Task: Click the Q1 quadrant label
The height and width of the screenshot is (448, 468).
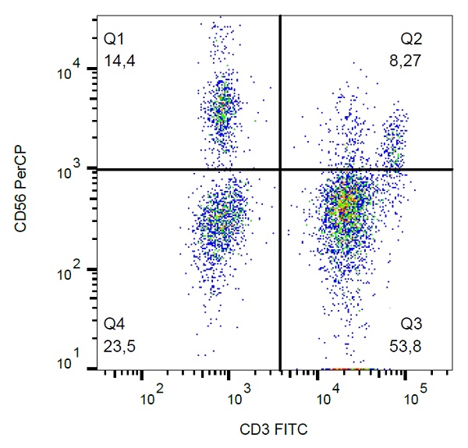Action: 114,38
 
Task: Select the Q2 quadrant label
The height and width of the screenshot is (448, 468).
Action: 411,38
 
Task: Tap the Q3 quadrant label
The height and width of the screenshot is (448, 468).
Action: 411,322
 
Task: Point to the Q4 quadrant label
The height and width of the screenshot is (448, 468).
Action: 114,322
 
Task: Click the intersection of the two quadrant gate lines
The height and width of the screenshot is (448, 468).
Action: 279,169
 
